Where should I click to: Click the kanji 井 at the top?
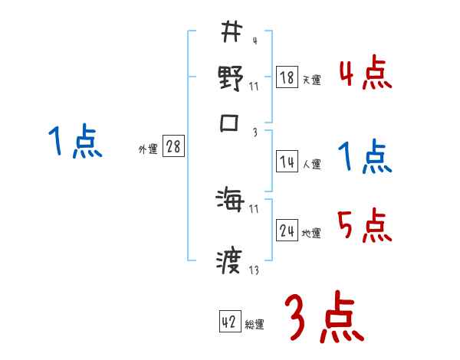230,32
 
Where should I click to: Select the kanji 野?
231,78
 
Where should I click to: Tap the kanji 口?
231,124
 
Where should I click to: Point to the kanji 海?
231,201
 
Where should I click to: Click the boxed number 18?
287,77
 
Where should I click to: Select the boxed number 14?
287,162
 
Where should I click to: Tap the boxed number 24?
287,231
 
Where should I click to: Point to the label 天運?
311,80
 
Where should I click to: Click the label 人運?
311,164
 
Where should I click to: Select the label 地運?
311,233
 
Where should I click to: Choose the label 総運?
255,325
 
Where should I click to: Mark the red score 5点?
365,226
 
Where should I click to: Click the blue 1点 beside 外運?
74,142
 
